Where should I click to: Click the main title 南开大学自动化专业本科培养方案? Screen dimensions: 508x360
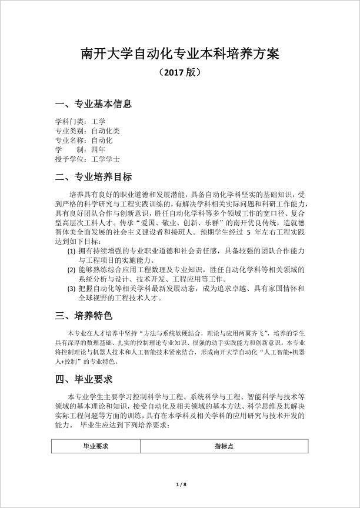click(x=180, y=54)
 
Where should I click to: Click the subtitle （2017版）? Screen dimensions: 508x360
click(x=180, y=73)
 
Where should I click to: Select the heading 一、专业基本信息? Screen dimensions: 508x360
click(x=93, y=104)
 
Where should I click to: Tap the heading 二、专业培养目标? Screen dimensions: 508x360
click(x=93, y=177)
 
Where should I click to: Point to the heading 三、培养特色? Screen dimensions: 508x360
click(x=83, y=316)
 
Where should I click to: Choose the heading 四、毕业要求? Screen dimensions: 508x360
click(x=83, y=378)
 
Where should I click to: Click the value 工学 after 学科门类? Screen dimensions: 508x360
click(x=99, y=122)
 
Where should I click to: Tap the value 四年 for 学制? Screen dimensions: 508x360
click(x=99, y=149)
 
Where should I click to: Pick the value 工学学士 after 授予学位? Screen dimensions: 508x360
click(x=106, y=159)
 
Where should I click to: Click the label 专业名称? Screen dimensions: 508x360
click(x=69, y=141)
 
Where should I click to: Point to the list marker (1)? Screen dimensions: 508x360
click(x=71, y=251)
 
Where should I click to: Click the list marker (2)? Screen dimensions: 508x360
click(x=71, y=269)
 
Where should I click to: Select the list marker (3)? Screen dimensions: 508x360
click(x=71, y=288)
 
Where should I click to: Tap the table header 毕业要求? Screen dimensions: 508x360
click(x=97, y=446)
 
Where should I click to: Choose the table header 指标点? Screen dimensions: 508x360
click(x=225, y=446)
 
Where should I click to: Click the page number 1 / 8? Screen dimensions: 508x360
click(x=181, y=484)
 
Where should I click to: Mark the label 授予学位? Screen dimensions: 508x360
click(x=69, y=159)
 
